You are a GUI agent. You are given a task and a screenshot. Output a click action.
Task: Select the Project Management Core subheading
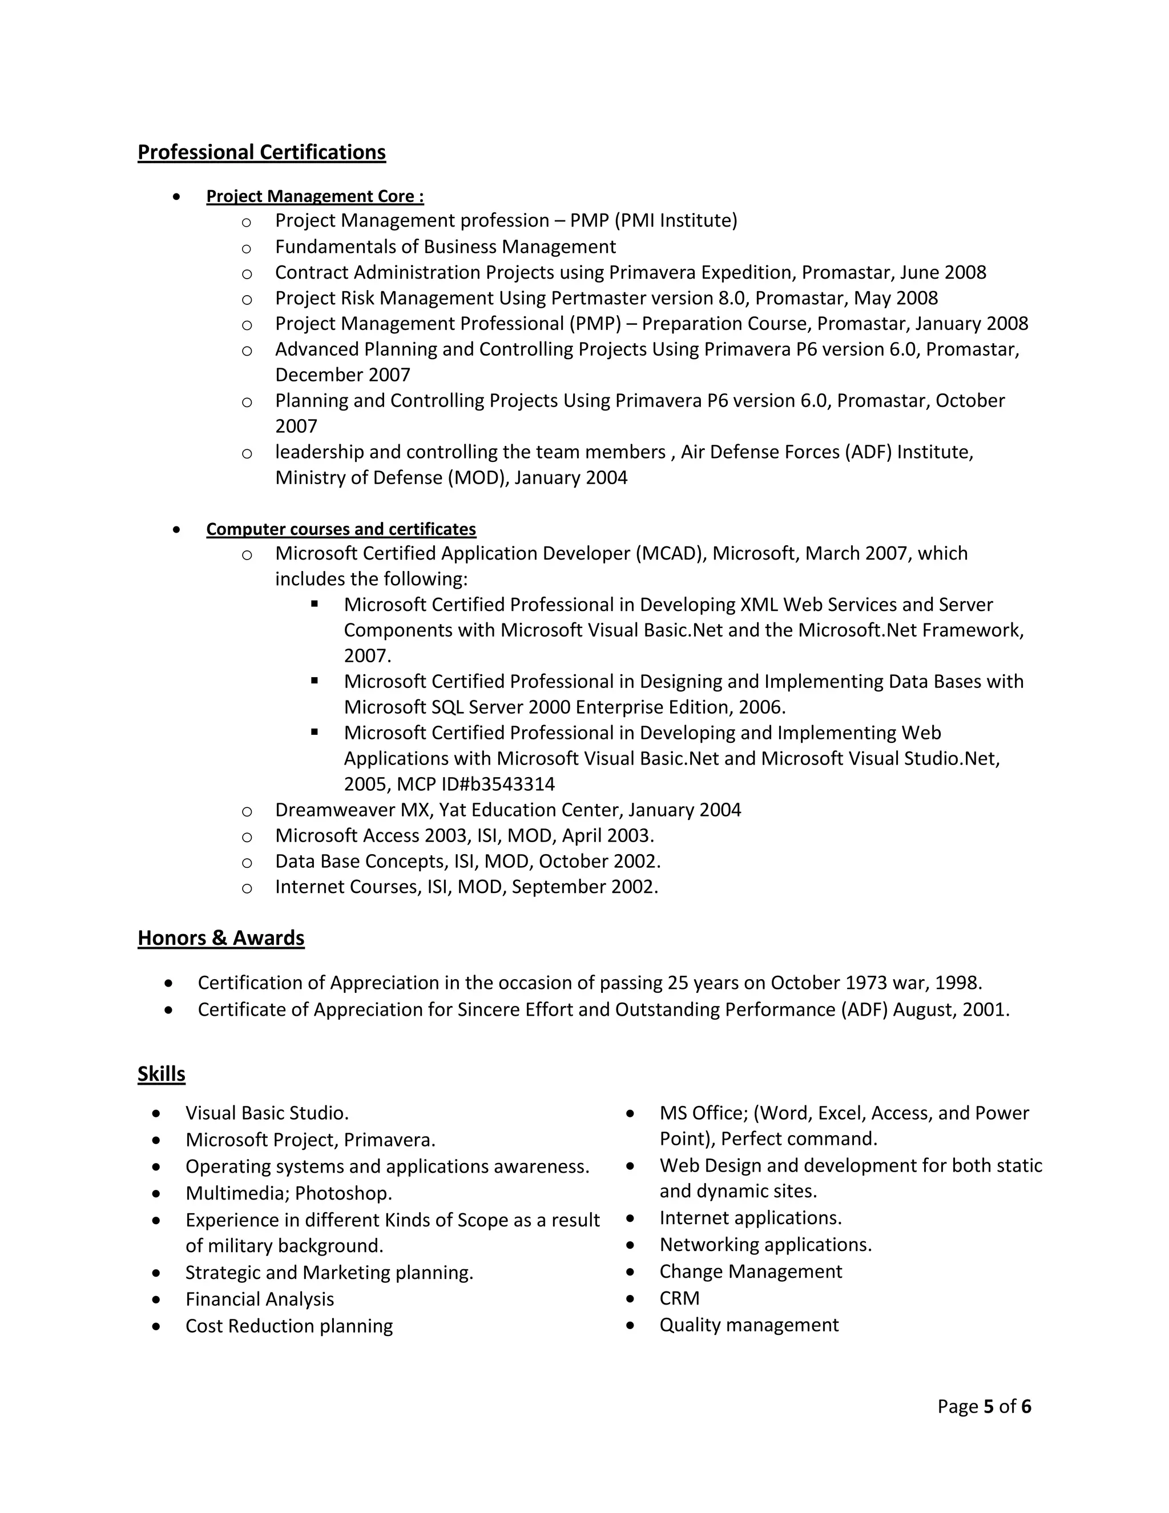coord(315,197)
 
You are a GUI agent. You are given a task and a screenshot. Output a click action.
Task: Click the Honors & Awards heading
coord(221,938)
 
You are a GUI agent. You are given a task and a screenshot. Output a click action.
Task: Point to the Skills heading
coord(162,1074)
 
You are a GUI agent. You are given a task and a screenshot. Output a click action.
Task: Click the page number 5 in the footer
coord(988,1406)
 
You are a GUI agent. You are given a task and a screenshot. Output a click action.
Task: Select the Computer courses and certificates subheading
coord(341,529)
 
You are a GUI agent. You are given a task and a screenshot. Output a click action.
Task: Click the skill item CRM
coord(679,1298)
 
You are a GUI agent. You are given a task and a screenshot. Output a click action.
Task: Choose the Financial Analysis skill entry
coord(260,1299)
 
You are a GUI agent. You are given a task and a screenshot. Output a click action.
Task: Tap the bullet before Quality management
coord(630,1325)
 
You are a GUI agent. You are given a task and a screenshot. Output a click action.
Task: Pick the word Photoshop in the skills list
coord(343,1194)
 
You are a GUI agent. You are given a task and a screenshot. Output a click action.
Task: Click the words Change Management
coord(751,1272)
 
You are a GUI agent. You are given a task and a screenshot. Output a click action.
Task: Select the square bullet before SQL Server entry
coord(315,681)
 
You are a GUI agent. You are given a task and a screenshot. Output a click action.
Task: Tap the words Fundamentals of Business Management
coord(445,247)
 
